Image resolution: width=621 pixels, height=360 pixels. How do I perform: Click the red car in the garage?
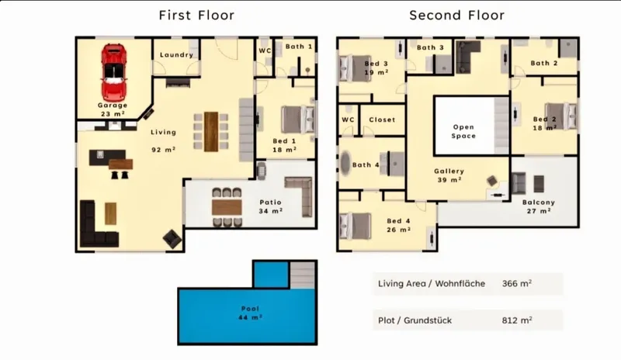(114, 72)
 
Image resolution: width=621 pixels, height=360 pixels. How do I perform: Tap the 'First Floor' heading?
(197, 16)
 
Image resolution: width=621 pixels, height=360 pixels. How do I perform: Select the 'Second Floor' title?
(457, 16)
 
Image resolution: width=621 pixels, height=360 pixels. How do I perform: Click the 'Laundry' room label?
(177, 55)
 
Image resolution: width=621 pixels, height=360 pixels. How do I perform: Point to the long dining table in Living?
(211, 132)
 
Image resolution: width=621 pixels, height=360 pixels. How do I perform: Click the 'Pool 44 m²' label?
(250, 313)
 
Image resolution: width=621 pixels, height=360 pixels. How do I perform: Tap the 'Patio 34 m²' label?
(271, 206)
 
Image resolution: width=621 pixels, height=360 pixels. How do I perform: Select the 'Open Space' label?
(463, 131)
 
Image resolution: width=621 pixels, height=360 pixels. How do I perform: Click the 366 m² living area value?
(517, 283)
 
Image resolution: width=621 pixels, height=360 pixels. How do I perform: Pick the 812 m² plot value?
(517, 320)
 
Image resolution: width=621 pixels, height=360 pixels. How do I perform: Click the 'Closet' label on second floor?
(382, 119)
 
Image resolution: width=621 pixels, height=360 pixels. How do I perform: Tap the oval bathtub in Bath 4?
(345, 163)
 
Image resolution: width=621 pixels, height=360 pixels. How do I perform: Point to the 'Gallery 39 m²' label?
(449, 175)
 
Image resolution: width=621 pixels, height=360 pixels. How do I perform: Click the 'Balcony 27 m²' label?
(539, 206)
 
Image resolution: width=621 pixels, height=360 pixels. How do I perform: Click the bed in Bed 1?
(298, 119)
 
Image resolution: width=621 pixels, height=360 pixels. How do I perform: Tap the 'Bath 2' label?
(544, 64)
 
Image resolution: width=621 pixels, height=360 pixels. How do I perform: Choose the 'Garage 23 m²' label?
(113, 109)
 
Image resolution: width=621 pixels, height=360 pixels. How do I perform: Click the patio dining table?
(227, 207)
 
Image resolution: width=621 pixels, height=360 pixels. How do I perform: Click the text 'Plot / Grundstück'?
(415, 320)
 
